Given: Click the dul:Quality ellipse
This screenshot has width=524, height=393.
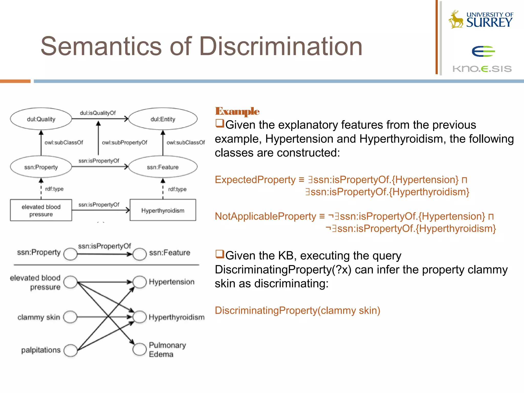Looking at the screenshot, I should click(41, 119).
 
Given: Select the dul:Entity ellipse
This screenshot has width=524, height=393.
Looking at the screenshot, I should click(163, 119).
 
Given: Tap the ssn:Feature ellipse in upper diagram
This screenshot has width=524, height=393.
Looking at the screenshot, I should click(163, 167).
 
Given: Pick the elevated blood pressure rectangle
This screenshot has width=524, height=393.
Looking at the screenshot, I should click(41, 210).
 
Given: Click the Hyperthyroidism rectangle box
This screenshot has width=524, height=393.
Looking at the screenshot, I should click(163, 210).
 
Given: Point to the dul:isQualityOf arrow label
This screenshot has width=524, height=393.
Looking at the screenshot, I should click(98, 113).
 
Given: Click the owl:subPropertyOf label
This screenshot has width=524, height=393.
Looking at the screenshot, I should click(125, 143).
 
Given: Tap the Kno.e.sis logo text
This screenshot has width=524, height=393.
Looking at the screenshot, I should click(482, 69).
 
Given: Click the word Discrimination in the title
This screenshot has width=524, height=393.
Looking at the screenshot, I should click(281, 46).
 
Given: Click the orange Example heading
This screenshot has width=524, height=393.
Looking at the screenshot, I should click(237, 111).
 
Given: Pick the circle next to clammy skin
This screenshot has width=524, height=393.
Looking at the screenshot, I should click(70, 317).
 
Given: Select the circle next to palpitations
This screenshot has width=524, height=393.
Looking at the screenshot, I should click(70, 350).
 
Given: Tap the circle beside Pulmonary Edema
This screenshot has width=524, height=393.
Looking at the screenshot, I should click(139, 349).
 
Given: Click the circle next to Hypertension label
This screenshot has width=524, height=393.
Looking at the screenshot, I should click(139, 282).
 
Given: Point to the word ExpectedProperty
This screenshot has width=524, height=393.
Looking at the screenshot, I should click(255, 180).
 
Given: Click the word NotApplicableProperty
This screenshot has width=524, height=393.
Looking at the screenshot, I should click(265, 216).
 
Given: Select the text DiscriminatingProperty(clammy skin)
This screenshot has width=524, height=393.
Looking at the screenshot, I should click(297, 310).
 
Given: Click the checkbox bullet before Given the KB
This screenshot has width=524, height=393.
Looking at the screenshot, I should click(220, 254).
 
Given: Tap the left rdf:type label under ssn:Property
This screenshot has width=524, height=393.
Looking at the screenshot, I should click(54, 189).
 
